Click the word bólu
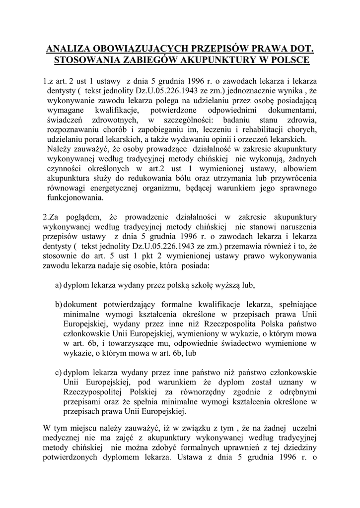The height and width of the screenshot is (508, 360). pos(192,178)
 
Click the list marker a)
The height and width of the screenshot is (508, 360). pos(58,286)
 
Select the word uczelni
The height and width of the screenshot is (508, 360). pos(304,427)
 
